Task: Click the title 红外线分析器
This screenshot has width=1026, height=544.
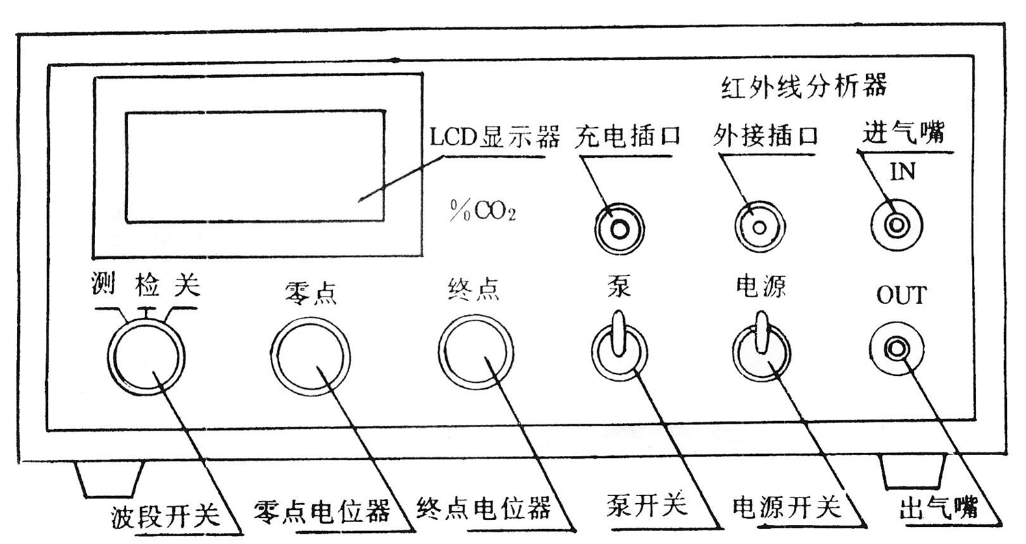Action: (x=804, y=87)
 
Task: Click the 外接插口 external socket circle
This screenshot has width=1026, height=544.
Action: (x=759, y=226)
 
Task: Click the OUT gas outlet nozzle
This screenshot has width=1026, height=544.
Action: (x=896, y=350)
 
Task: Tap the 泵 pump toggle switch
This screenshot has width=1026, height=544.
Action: (x=619, y=345)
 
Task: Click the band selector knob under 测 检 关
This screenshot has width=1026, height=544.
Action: (x=146, y=357)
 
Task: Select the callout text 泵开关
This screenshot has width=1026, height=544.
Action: (x=647, y=506)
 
